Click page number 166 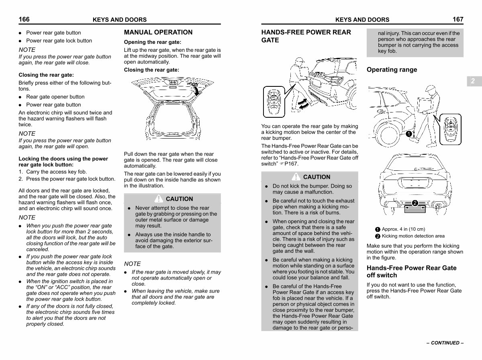tap(24, 19)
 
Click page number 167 tap(458, 19)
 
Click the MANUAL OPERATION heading tap(158, 32)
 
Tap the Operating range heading tap(392, 70)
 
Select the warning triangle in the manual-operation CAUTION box tap(159, 198)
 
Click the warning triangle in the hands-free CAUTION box tap(296, 177)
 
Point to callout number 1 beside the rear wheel tap(408, 134)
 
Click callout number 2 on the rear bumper tap(415, 203)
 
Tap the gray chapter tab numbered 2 tap(474, 81)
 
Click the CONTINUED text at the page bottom tap(445, 343)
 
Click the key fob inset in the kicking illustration tap(274, 102)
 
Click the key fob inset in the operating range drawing tap(450, 129)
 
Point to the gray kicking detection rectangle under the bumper tap(415, 209)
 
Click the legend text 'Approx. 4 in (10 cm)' tap(403, 229)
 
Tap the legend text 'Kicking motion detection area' tap(413, 236)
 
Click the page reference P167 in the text tap(291, 164)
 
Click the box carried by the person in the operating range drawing tap(424, 105)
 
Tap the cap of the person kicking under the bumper tap(300, 59)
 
